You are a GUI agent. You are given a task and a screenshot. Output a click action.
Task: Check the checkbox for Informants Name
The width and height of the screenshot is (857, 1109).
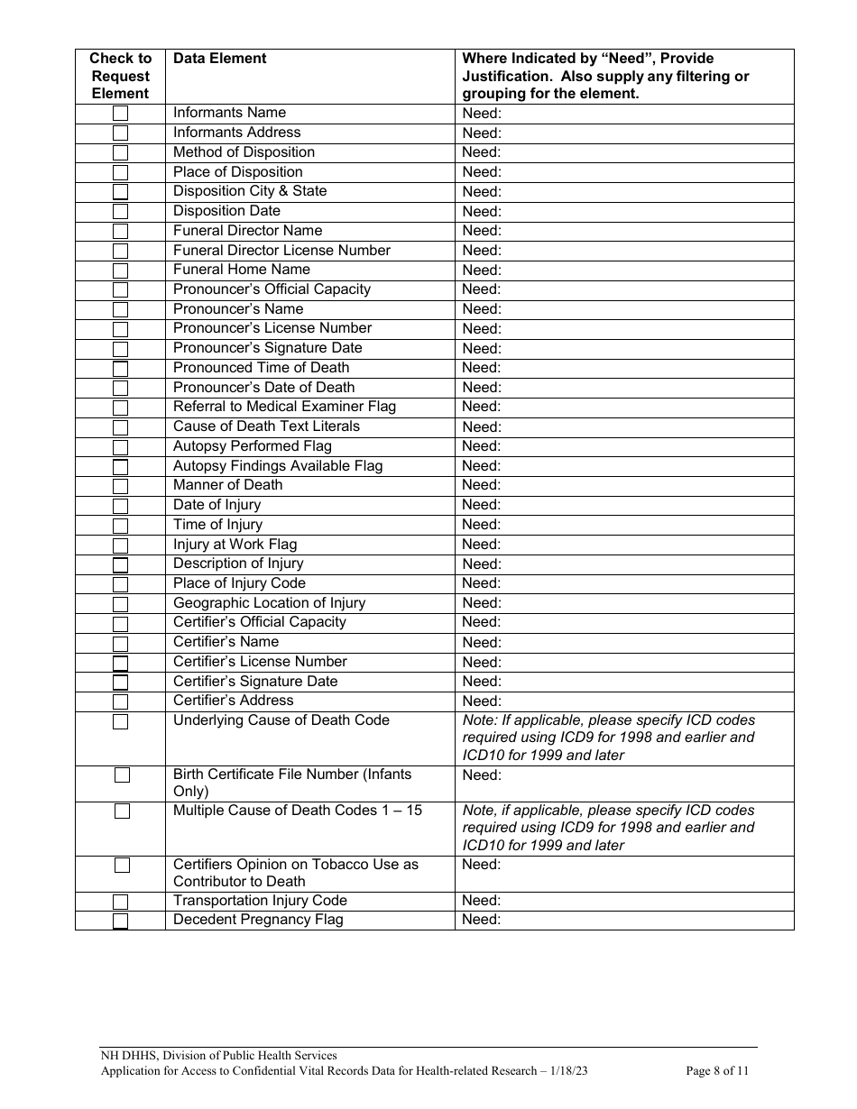click(120, 114)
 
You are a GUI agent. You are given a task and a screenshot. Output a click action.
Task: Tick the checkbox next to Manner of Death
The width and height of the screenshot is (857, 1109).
click(120, 487)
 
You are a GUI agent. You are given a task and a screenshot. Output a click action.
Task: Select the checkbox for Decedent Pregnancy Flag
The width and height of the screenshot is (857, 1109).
click(120, 921)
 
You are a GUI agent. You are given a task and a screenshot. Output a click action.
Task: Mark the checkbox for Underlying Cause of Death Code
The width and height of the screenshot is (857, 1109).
click(120, 721)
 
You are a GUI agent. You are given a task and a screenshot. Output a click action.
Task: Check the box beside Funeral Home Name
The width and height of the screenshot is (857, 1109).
click(120, 270)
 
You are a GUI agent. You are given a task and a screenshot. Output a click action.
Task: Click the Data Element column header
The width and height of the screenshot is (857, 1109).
click(219, 59)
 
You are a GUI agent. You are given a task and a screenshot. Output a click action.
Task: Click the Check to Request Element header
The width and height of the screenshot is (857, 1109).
click(120, 76)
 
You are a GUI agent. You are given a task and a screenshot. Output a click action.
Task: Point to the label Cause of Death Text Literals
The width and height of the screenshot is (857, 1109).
click(266, 426)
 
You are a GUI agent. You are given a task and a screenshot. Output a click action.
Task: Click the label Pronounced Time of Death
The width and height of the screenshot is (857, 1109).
click(261, 368)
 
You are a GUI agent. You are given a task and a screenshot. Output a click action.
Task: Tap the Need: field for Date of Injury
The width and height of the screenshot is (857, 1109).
click(482, 505)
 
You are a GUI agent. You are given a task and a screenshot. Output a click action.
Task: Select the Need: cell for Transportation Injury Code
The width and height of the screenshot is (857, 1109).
click(482, 901)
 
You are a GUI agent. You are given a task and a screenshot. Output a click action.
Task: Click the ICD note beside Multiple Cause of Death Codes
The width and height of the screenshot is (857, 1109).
click(609, 828)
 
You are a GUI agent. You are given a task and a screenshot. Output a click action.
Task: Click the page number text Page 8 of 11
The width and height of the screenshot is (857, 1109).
click(717, 1072)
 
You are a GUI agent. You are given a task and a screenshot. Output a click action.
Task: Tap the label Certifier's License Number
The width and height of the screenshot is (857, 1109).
click(260, 662)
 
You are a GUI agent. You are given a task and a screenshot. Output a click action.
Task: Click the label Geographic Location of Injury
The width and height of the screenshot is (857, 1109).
click(269, 603)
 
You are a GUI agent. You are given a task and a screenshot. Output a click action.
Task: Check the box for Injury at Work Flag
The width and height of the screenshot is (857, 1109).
click(120, 545)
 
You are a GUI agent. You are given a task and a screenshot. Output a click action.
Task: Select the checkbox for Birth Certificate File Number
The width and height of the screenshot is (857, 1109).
click(122, 775)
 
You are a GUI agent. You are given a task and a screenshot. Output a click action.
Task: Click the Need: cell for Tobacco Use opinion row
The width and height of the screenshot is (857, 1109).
click(482, 865)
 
